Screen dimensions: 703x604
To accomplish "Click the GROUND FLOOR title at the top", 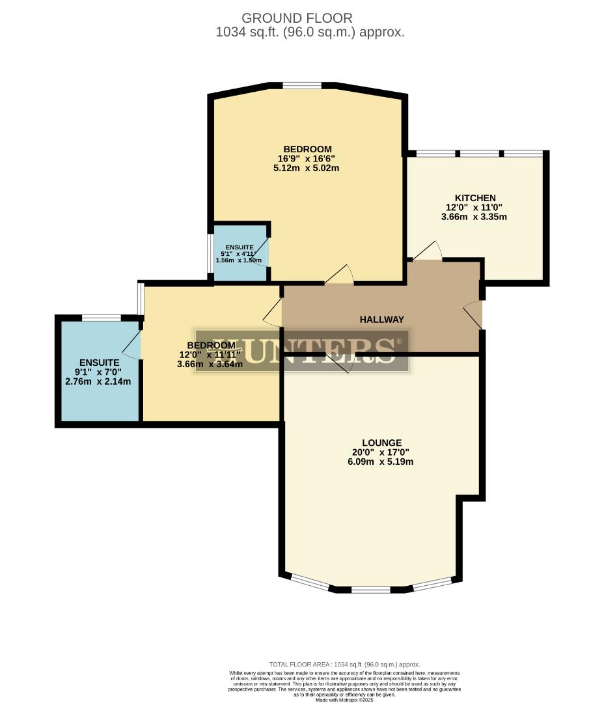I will pos(297,18).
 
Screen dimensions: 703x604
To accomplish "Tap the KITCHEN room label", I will pos(475,198).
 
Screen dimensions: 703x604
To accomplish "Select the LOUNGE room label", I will pos(381,443).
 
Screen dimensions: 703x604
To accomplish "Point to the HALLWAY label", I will pos(382,320).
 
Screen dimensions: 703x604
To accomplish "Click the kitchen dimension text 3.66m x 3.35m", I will pos(474,217).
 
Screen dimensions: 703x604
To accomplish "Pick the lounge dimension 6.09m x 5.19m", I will pos(381,462).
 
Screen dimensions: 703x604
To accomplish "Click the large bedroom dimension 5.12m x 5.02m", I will pos(307,168).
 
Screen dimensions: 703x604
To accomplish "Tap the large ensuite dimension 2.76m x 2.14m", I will pos(98,381).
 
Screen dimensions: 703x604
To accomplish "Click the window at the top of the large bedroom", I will pos(302,85).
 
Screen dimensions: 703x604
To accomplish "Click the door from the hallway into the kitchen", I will pos(428,252).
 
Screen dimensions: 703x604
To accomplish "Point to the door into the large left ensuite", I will pos(133,344).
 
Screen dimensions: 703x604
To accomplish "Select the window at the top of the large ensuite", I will pos(101,318).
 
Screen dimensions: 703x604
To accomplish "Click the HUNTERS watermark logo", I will pos(302,350).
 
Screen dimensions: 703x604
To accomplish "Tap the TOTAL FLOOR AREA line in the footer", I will pos(344,663).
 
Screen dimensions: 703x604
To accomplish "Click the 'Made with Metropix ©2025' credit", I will pos(344,700).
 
